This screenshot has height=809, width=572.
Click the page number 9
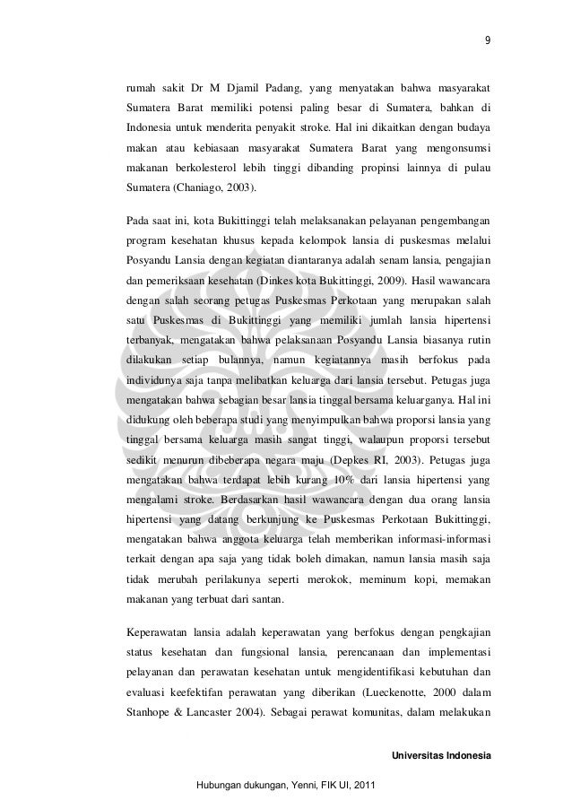[x=487, y=39]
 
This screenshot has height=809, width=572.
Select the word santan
[x=269, y=603]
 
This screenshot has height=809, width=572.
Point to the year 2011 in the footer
[x=365, y=787]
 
